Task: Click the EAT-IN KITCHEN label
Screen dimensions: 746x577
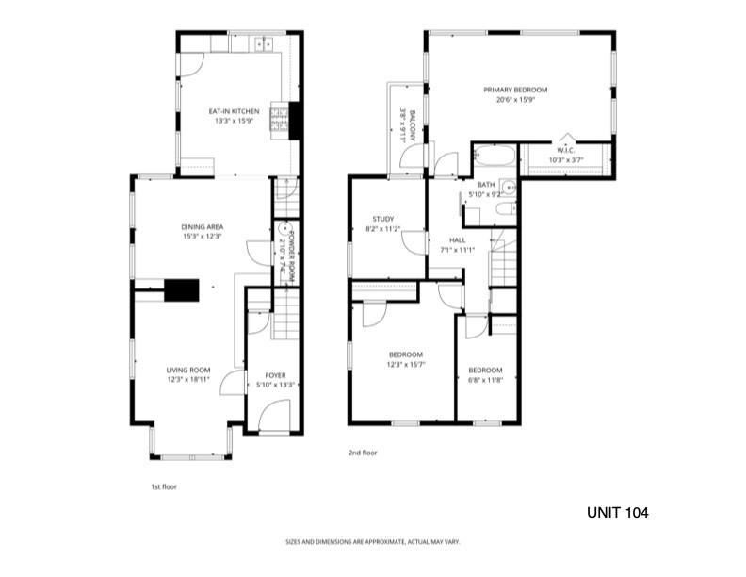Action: (x=235, y=111)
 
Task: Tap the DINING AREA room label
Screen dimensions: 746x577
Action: (x=203, y=227)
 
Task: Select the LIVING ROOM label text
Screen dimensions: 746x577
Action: (x=188, y=370)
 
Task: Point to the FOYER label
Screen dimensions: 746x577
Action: (x=275, y=375)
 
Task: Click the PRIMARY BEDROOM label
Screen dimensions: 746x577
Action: (x=515, y=90)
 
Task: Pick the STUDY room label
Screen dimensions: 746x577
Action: (x=383, y=219)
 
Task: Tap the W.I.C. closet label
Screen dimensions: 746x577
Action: (x=566, y=151)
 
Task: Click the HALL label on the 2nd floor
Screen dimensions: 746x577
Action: (x=457, y=239)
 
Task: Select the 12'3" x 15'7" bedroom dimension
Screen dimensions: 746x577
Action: (x=406, y=365)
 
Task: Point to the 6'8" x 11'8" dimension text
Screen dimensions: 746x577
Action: (x=485, y=380)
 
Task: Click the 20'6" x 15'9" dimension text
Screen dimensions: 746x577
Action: (x=516, y=100)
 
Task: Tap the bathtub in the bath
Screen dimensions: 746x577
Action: (x=495, y=156)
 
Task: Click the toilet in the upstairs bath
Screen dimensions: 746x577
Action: (x=505, y=208)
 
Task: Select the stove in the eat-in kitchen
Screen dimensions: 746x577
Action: (x=280, y=119)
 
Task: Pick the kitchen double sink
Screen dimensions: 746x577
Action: (x=264, y=43)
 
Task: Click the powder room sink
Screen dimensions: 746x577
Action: (x=283, y=227)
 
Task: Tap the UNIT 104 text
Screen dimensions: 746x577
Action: (x=618, y=513)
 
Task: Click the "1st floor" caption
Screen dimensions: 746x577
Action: (x=164, y=486)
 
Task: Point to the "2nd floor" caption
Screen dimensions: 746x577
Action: (x=363, y=453)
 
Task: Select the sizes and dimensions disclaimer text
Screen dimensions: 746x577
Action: (x=372, y=542)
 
